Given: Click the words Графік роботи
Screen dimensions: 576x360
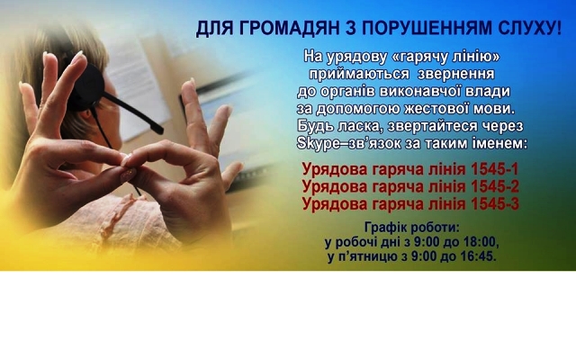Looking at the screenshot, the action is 412,228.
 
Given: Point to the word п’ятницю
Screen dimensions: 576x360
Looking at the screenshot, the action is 367,256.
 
